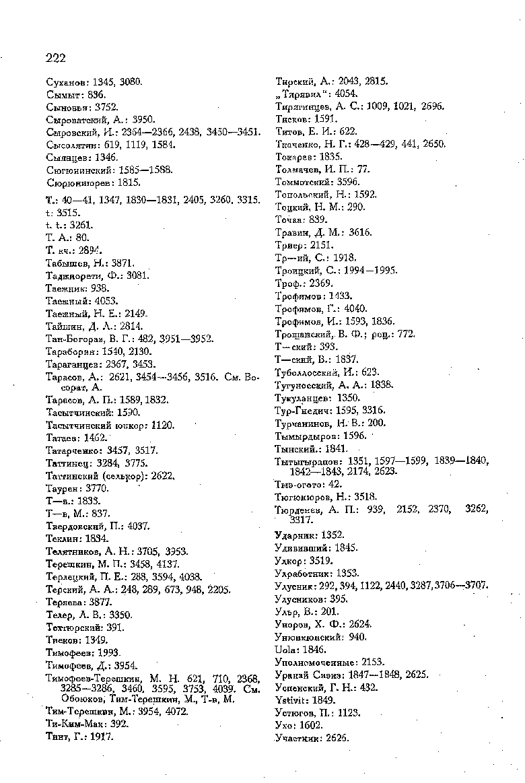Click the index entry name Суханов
click(x=65, y=81)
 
